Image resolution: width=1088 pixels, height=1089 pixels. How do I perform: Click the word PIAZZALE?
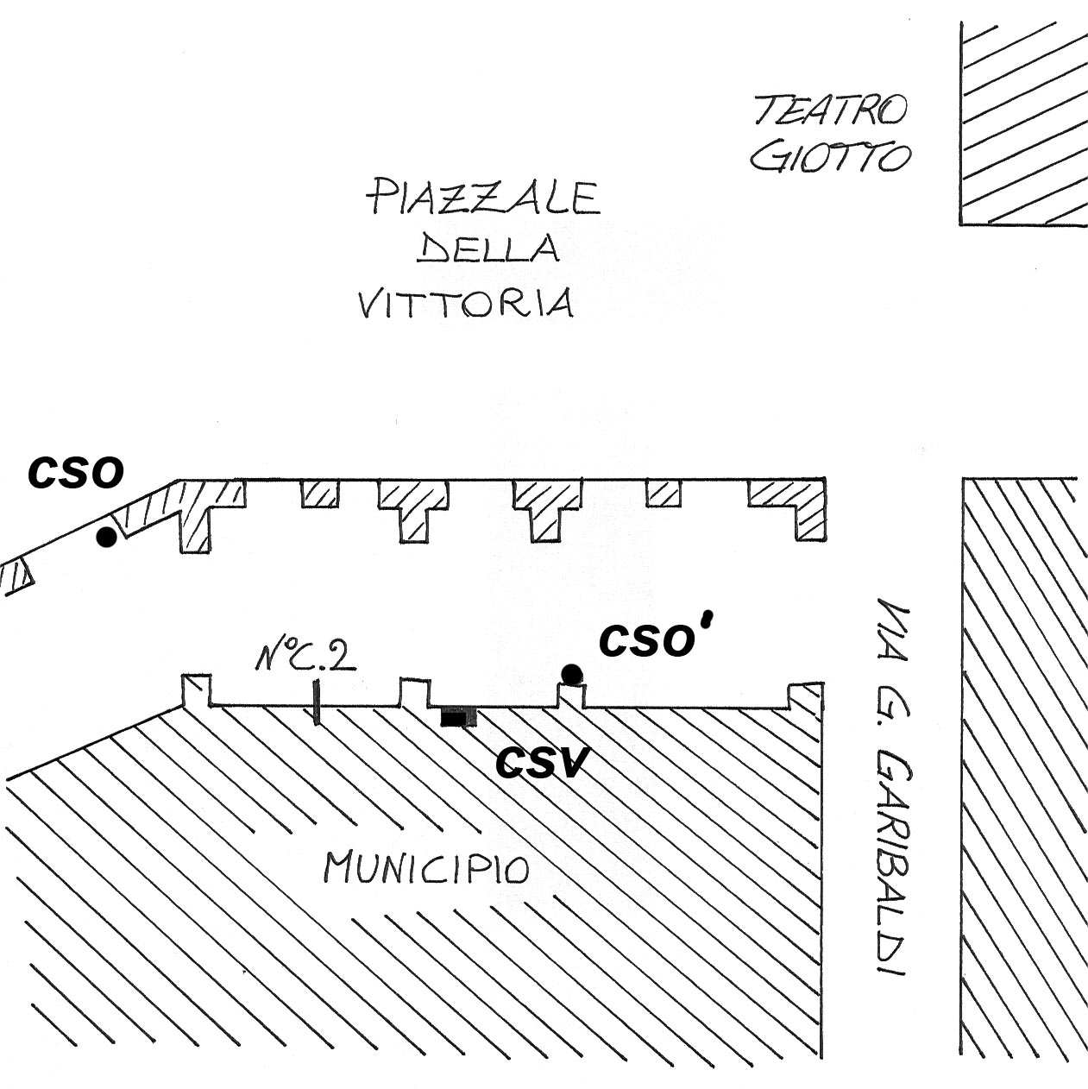[482, 197]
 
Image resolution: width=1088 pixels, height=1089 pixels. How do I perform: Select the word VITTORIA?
[466, 303]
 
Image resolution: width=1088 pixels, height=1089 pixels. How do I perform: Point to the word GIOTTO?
[830, 157]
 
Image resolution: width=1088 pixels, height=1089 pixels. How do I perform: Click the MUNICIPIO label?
[427, 867]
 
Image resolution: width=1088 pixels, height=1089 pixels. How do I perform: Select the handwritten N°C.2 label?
[305, 658]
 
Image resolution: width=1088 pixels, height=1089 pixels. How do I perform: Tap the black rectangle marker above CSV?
[457, 717]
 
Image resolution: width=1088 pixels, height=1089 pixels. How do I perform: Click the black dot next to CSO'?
[570, 673]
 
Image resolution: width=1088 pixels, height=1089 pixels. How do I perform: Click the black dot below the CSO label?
[106, 537]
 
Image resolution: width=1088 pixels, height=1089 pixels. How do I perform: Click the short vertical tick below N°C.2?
[317, 702]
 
